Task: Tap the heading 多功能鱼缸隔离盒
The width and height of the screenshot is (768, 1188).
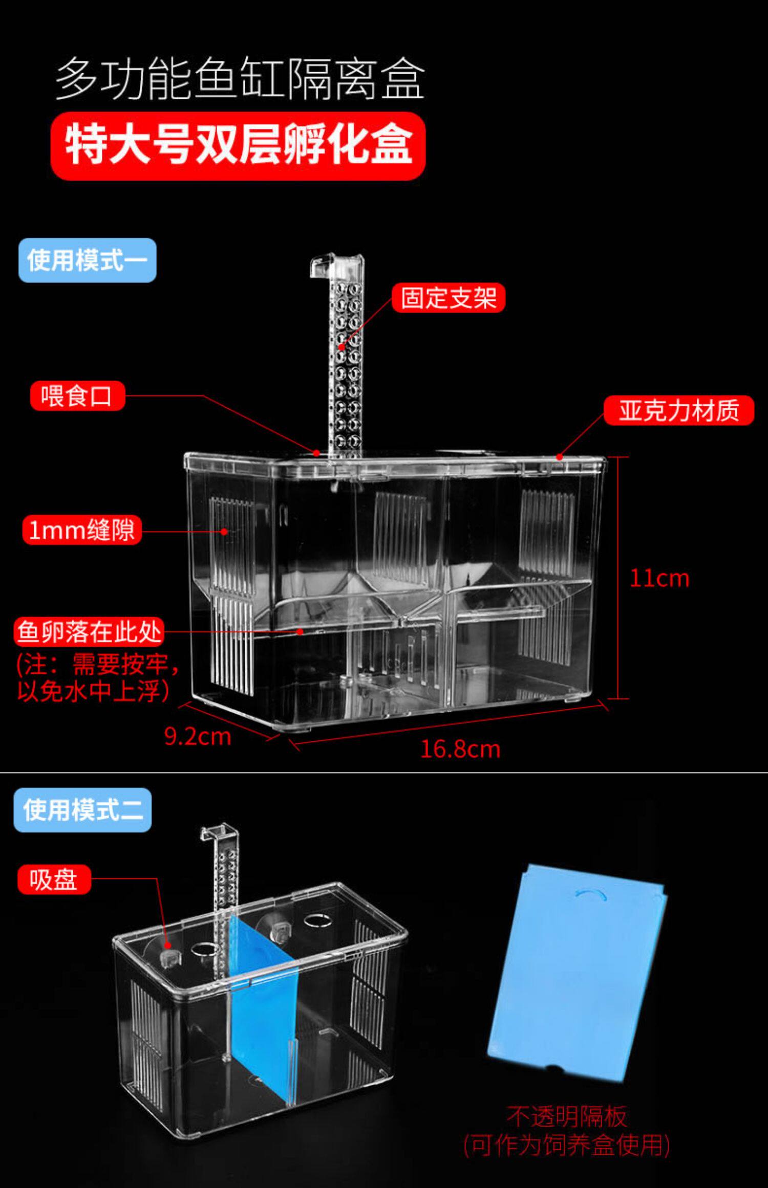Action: pyautogui.click(x=240, y=79)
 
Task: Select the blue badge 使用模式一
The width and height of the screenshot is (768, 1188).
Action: pyautogui.click(x=87, y=260)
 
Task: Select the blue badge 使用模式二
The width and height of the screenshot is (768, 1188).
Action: pyautogui.click(x=82, y=810)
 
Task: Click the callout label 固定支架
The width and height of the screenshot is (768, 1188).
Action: pyautogui.click(x=448, y=298)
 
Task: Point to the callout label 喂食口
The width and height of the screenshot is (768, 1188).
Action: pyautogui.click(x=77, y=395)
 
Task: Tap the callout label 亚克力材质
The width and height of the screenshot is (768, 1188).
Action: pyautogui.click(x=678, y=410)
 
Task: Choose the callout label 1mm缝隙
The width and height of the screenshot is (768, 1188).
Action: pyautogui.click(x=82, y=530)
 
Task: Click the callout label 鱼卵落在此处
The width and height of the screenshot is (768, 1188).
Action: pyautogui.click(x=89, y=632)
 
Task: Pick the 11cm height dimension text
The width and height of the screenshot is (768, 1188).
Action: pyautogui.click(x=659, y=579)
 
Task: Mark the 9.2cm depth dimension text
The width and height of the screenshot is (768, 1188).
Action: pyautogui.click(x=198, y=736)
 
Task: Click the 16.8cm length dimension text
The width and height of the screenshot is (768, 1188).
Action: pyautogui.click(x=460, y=749)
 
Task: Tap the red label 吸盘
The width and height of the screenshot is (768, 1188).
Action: pyautogui.click(x=54, y=879)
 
